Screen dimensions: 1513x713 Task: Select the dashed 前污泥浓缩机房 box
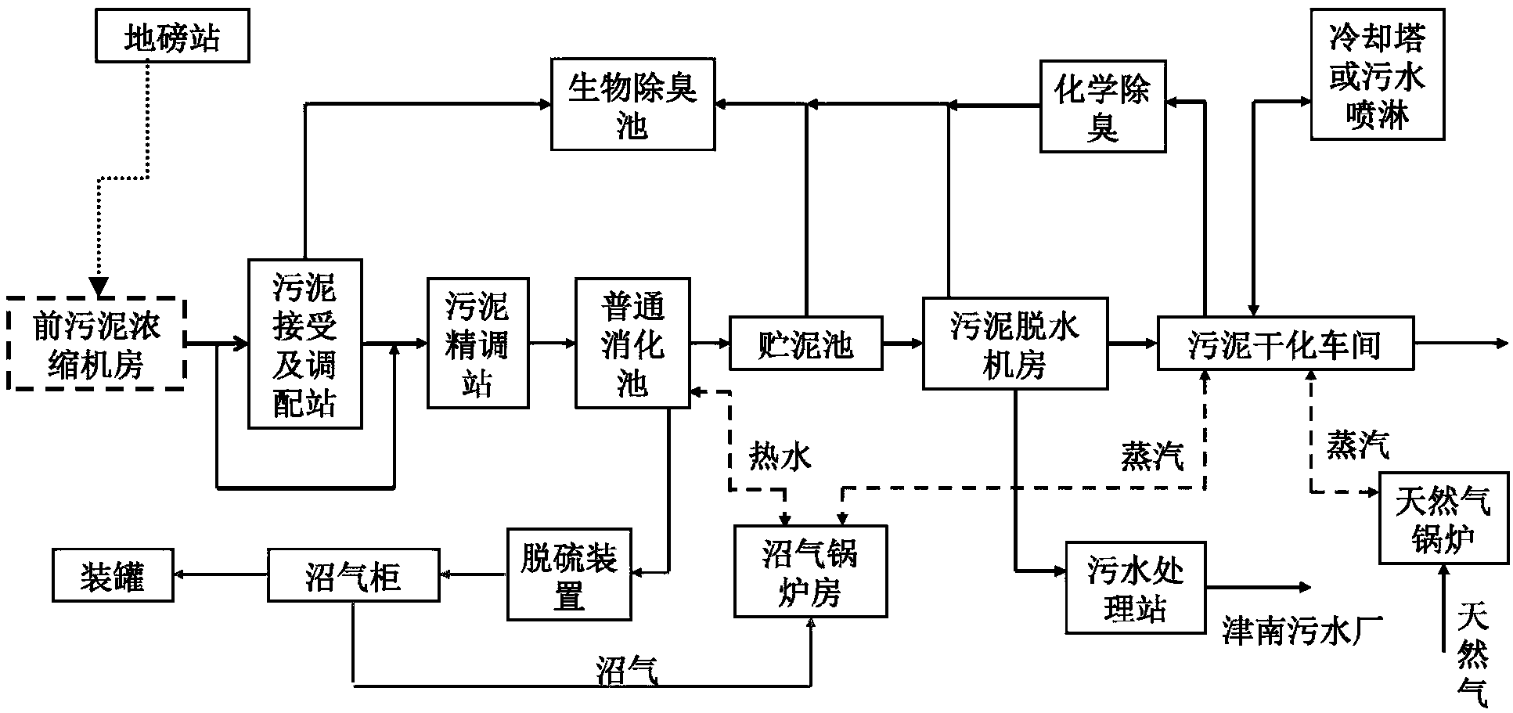pyautogui.click(x=96, y=343)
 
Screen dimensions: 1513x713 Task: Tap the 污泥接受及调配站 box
pyautogui.click(x=304, y=344)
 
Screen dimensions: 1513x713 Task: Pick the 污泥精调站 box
pyautogui.click(x=477, y=343)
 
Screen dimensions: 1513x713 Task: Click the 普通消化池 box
pyautogui.click(x=632, y=343)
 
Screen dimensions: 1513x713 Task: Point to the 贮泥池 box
pyautogui.click(x=805, y=343)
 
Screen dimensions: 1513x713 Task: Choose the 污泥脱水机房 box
pyautogui.click(x=1015, y=343)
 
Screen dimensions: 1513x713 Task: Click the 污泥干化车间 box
pyautogui.click(x=1285, y=343)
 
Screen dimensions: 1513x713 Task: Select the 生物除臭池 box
pyautogui.click(x=632, y=103)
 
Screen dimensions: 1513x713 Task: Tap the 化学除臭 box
pyautogui.click(x=1102, y=106)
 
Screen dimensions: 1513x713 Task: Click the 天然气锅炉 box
pyautogui.click(x=1443, y=518)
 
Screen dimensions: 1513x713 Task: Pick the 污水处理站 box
pyautogui.click(x=1135, y=587)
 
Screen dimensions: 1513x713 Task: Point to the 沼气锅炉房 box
pyautogui.click(x=810, y=571)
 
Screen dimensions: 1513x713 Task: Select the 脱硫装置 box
pyautogui.click(x=569, y=575)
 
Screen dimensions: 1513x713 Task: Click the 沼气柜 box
pyautogui.click(x=353, y=575)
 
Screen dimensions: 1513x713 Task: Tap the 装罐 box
pyautogui.click(x=113, y=575)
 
